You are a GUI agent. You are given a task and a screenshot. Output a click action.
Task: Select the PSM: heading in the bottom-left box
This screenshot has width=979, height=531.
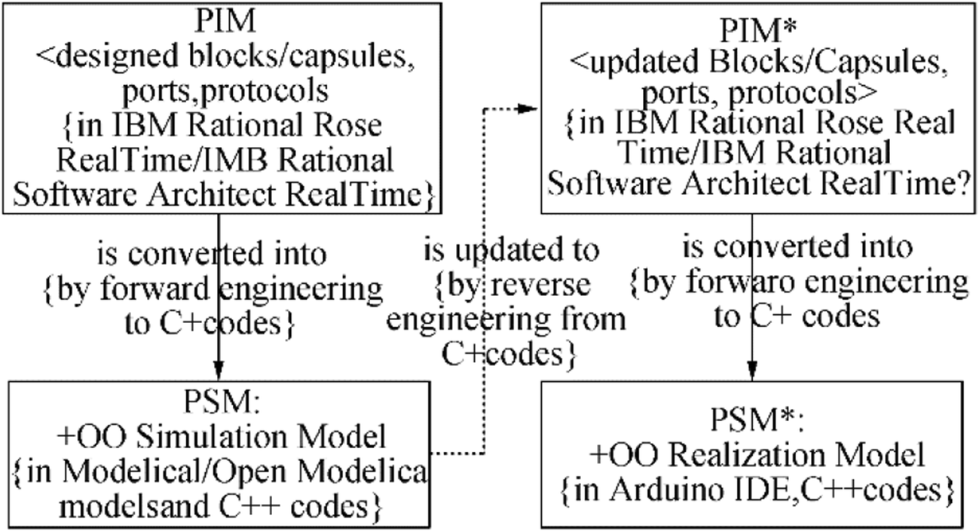219,404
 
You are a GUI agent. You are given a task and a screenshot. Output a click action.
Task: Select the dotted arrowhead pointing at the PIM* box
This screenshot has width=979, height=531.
530,110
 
